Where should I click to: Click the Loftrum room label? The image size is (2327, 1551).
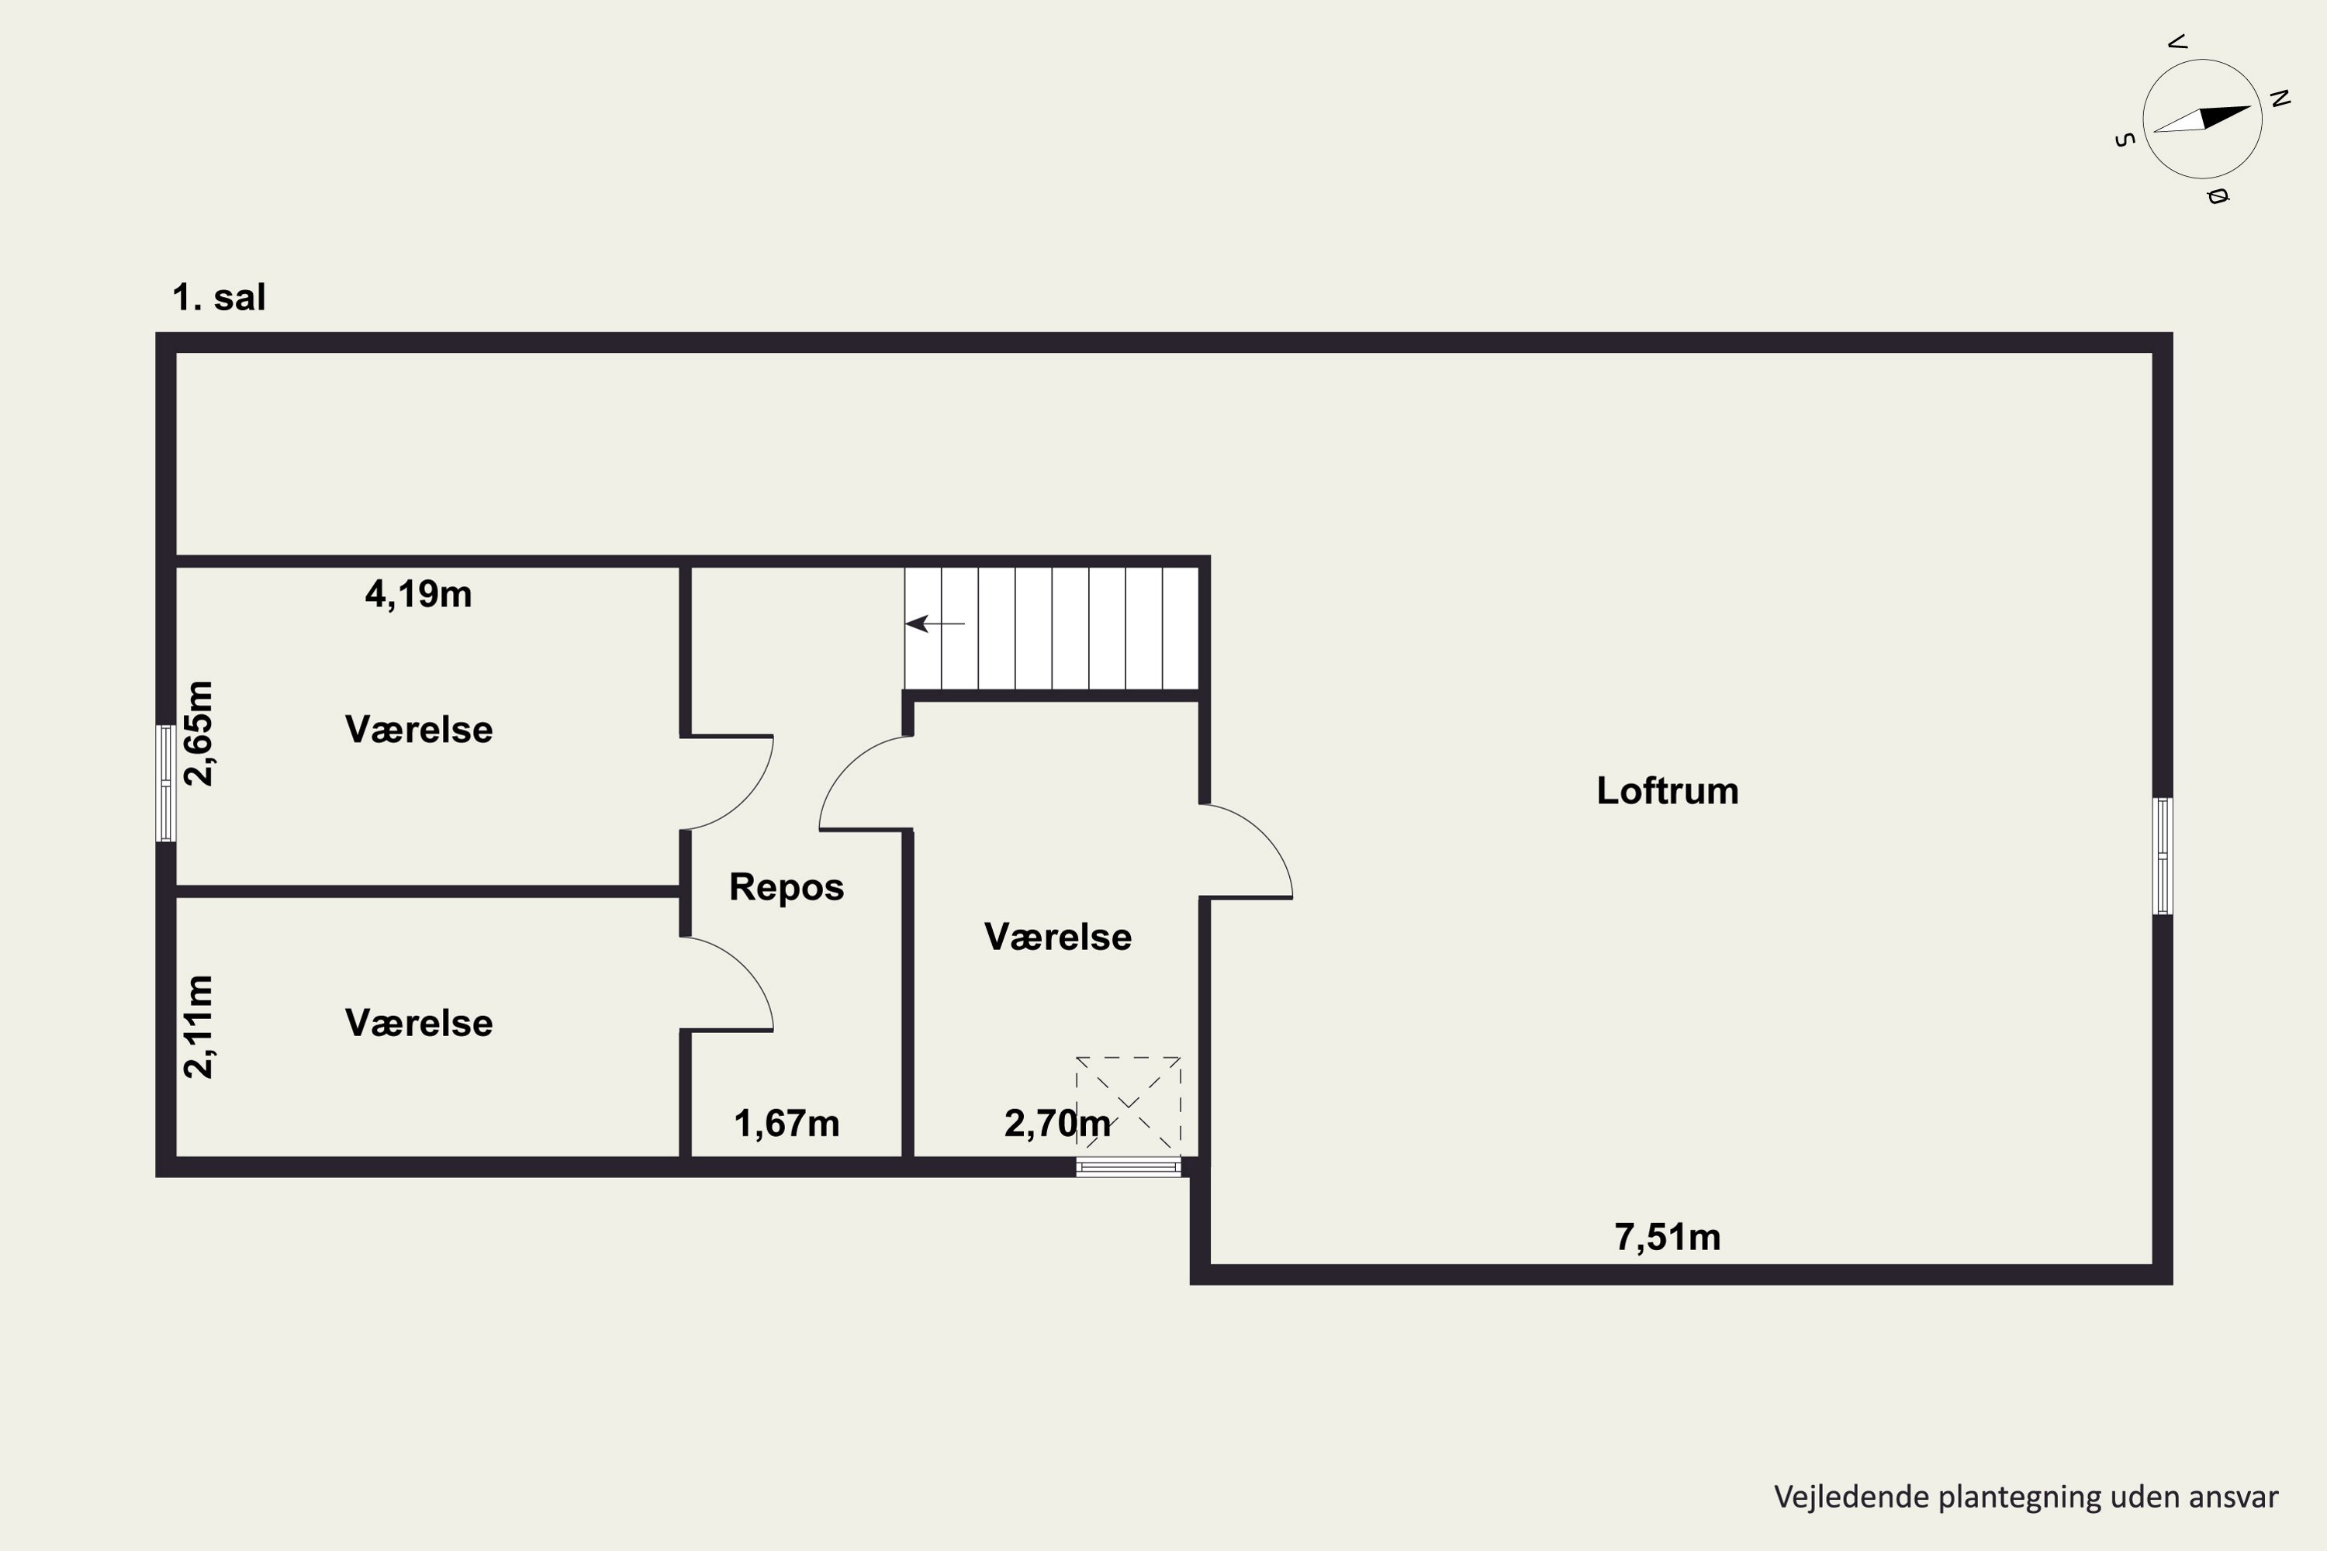[x=1667, y=790]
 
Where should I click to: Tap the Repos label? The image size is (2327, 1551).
[x=787, y=887]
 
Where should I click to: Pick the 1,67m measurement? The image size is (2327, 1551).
[x=787, y=1124]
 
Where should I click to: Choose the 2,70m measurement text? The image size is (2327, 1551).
[x=1056, y=1124]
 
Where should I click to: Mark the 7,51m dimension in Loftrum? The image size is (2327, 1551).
[x=1667, y=1238]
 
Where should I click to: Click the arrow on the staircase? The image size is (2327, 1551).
[x=935, y=624]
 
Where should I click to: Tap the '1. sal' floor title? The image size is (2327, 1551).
[x=219, y=297]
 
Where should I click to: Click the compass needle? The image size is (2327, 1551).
[x=2202, y=119]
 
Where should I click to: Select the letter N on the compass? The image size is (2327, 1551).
[x=2280, y=98]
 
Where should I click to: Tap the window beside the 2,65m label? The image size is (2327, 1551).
[x=166, y=783]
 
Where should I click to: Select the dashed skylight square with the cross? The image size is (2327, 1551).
[x=1128, y=1106]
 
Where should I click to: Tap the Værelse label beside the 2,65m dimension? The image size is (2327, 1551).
[x=419, y=730]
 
